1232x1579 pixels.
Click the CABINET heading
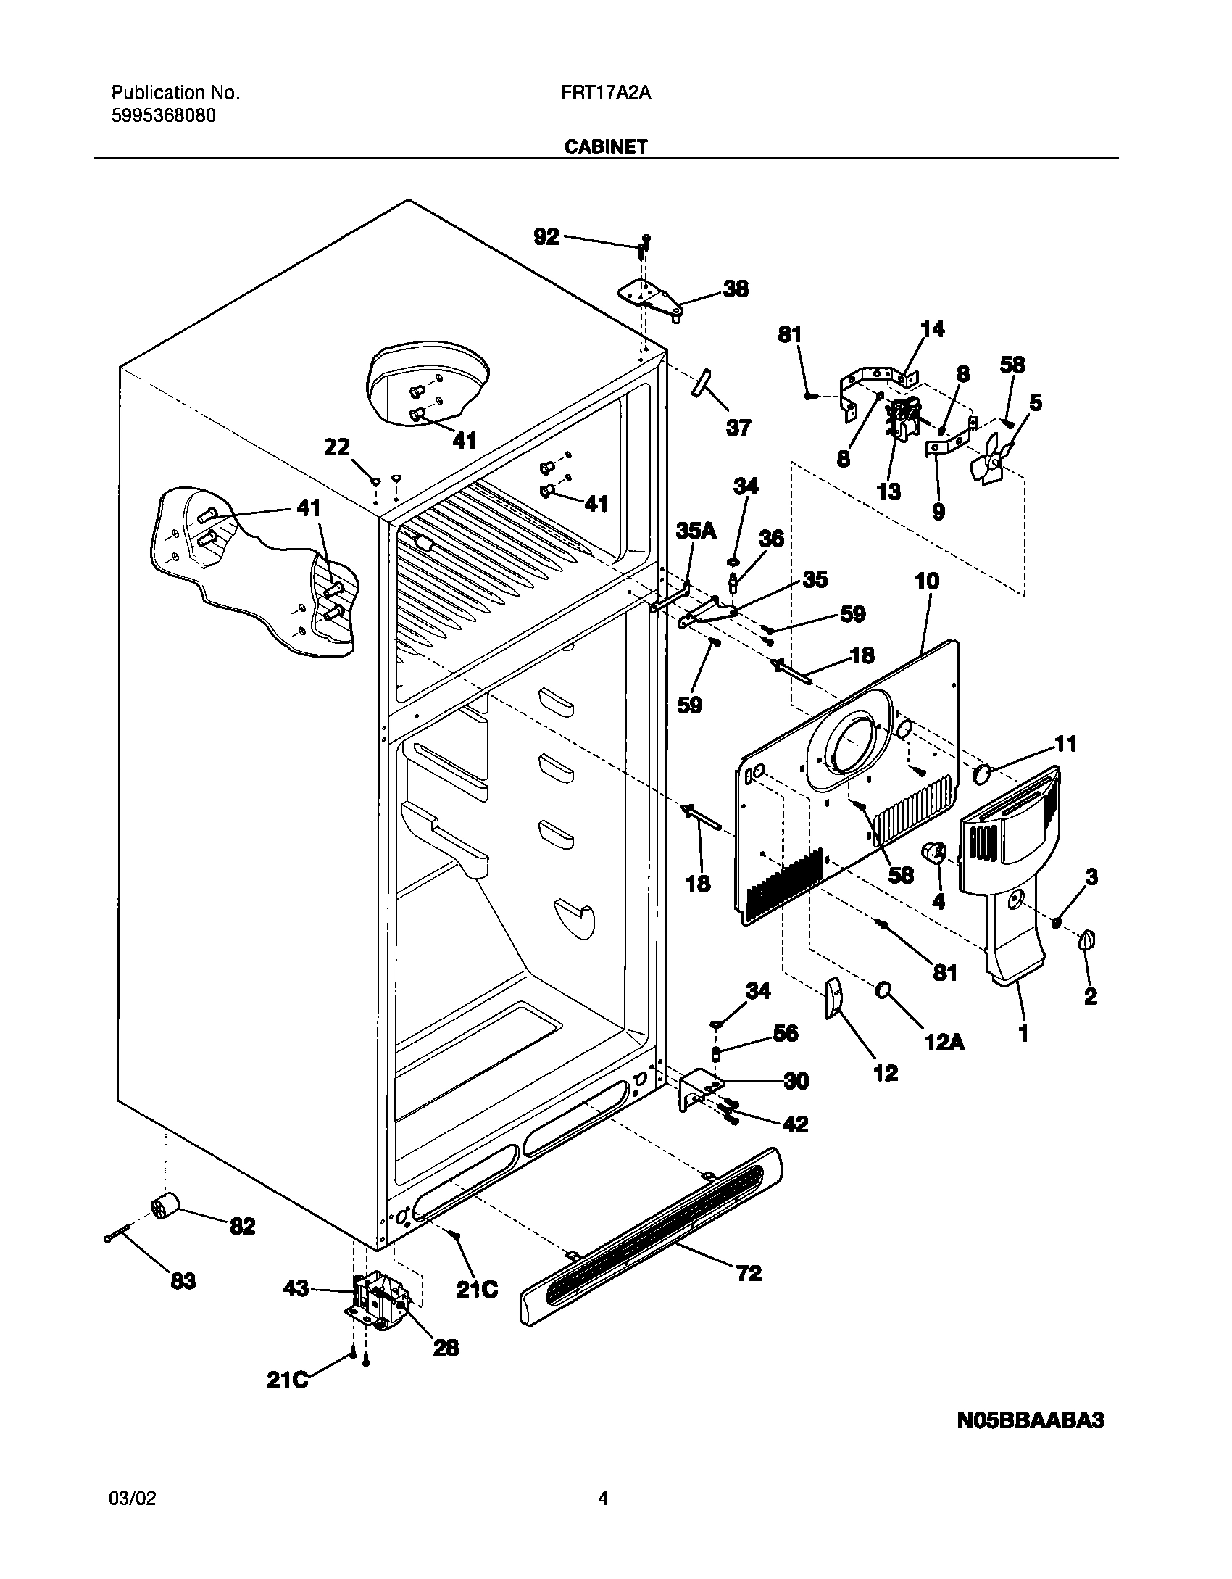(606, 146)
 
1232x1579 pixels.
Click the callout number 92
(546, 236)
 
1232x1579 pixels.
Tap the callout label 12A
(944, 1042)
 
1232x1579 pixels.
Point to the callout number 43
(296, 1288)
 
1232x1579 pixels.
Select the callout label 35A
(696, 531)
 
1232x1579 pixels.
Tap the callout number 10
(927, 581)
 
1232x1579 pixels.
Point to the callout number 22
(336, 448)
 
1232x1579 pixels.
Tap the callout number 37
(738, 428)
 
